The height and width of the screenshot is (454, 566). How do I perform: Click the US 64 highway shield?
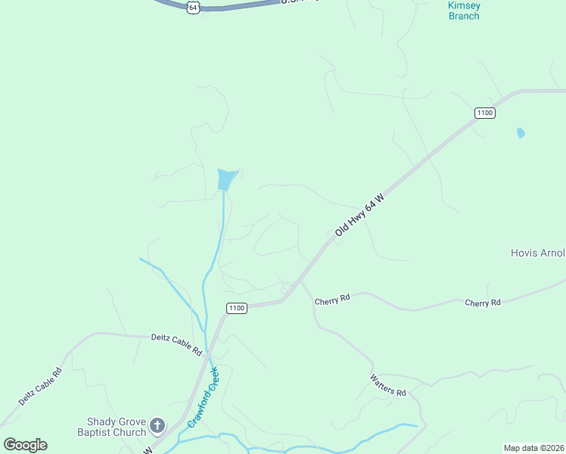[194, 7]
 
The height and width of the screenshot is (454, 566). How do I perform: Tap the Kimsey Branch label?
[464, 11]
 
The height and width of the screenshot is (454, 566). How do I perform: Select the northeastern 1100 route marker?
[485, 113]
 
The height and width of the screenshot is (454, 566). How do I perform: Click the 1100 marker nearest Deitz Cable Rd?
[237, 308]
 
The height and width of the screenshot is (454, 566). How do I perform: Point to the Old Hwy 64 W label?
[360, 216]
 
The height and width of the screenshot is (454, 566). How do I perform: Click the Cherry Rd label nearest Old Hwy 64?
[332, 299]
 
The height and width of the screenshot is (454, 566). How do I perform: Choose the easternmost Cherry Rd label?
[483, 303]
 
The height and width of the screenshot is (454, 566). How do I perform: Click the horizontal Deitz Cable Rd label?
[176, 344]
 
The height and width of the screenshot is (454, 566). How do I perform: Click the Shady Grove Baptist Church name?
[116, 427]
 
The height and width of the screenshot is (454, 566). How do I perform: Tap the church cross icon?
[157, 426]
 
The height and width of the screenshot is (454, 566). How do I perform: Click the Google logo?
[25, 445]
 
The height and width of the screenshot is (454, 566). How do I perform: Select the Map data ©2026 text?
[533, 448]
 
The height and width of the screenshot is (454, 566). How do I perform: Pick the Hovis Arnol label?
[537, 253]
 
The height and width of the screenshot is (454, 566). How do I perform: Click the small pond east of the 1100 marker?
[521, 133]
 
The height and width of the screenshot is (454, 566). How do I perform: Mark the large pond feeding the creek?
[226, 179]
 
